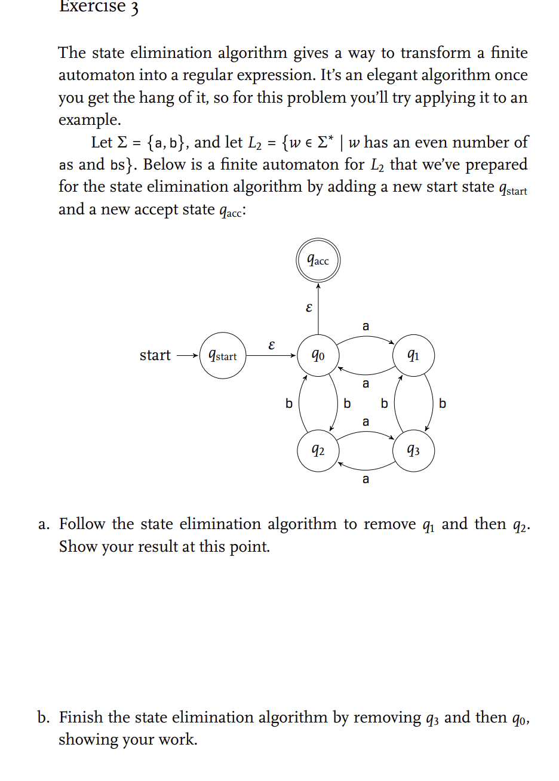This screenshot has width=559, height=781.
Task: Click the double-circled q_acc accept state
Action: tap(318, 261)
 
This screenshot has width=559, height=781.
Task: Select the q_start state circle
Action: tap(222, 356)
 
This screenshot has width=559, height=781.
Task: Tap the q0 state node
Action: tap(318, 356)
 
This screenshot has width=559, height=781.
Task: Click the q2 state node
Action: tap(318, 450)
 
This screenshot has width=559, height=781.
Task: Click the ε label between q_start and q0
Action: tap(272, 345)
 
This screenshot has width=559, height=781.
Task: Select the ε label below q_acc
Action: tap(308, 308)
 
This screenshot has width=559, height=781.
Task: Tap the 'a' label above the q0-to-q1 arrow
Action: tap(366, 326)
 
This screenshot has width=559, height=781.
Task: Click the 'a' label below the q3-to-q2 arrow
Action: tap(366, 479)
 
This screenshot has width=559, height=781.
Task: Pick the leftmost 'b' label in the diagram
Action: tap(288, 404)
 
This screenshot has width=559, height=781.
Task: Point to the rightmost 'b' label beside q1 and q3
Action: tap(443, 404)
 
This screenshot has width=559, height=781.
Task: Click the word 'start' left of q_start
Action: tap(155, 355)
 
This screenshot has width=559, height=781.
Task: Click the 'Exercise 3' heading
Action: tap(99, 7)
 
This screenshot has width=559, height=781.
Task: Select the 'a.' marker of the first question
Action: tap(44, 524)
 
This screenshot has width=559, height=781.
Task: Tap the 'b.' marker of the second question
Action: tap(44, 718)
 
